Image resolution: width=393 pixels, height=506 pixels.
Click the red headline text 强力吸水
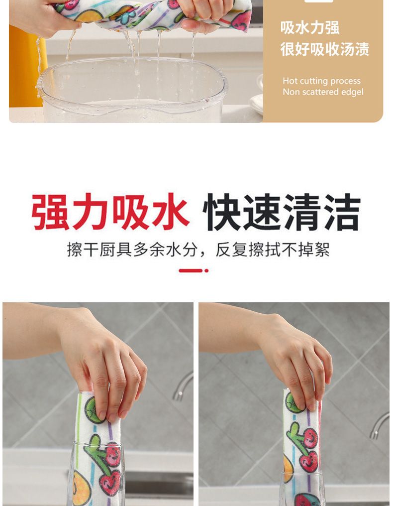point(110,211)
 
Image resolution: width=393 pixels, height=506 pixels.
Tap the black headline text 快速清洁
point(282,211)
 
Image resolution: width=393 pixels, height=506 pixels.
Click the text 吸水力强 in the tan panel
point(309,28)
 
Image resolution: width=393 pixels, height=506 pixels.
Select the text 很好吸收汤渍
point(324,49)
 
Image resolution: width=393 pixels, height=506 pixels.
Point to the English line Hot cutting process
point(321,81)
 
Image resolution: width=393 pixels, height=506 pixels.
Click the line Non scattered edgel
point(323,92)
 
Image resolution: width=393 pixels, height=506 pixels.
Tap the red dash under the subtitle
point(191,270)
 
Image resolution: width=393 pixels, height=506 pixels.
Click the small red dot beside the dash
point(206,270)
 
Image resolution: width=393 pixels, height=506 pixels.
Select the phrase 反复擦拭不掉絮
point(273,250)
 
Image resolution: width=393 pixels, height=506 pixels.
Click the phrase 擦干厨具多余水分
point(132,250)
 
